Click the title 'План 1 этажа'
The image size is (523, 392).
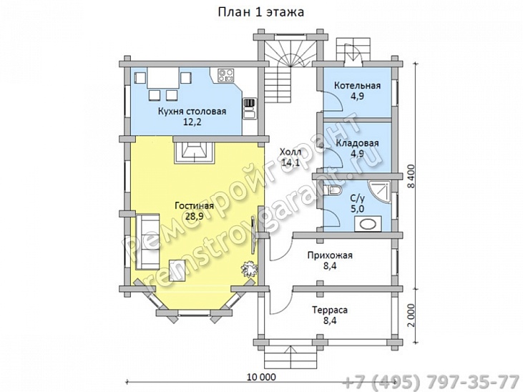click(261, 12)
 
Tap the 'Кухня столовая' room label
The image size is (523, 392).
click(192, 111)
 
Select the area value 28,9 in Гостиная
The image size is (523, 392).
click(195, 216)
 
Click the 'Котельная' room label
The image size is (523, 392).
click(357, 85)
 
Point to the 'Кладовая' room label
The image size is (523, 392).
click(357, 143)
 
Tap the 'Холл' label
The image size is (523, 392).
click(290, 152)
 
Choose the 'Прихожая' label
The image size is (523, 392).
click(330, 255)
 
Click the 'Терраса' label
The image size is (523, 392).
click(330, 310)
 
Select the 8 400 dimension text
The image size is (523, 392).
click(411, 176)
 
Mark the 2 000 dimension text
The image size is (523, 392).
click(411, 315)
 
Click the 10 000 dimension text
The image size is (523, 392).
click(262, 377)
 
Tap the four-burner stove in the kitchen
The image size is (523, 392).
click(226, 75)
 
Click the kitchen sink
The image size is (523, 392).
click(250, 109)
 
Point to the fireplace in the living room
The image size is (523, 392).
click(194, 152)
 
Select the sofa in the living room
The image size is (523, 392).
click(147, 242)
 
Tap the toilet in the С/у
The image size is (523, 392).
click(334, 190)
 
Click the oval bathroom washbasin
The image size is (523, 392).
click(368, 224)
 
